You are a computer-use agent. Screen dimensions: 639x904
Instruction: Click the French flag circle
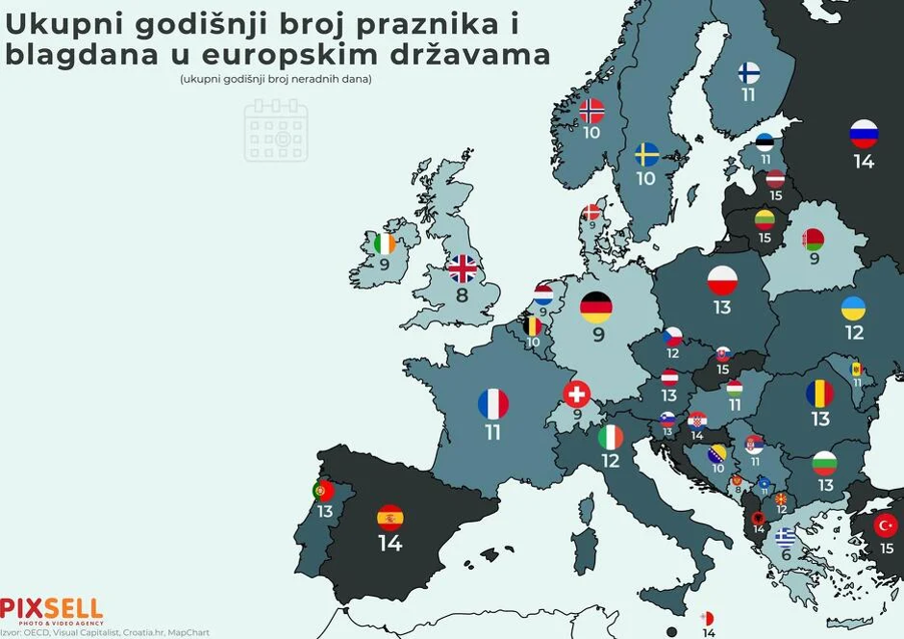[x=492, y=403]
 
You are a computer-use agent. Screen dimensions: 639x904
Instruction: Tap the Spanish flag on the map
[x=389, y=518]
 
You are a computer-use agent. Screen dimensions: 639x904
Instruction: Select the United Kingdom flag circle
[x=463, y=268]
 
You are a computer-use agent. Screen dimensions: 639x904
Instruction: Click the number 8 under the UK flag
[x=463, y=295]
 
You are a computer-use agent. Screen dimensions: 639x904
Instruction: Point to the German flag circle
[x=596, y=307]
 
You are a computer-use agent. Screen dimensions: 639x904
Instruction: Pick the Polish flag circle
[x=722, y=280]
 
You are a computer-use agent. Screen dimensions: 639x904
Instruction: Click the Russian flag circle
[x=864, y=134]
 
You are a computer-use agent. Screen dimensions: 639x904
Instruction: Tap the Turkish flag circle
[x=886, y=525]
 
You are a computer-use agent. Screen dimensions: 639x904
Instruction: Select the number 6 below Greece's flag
[x=787, y=555]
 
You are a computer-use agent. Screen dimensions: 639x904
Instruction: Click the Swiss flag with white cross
[x=577, y=394]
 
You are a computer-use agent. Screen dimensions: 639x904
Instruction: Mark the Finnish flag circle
[x=748, y=73]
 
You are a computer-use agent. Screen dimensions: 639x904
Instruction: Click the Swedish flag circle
[x=645, y=155]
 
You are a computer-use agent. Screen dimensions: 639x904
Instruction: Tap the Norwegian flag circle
[x=591, y=111]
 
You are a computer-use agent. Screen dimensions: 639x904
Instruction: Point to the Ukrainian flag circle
[x=853, y=308]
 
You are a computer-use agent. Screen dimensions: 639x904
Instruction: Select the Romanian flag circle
[x=819, y=393]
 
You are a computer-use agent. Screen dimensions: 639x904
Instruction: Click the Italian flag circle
[x=611, y=437]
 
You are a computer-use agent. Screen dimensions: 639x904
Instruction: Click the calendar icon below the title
[x=276, y=129]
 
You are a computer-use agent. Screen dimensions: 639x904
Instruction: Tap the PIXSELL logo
[x=51, y=608]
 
